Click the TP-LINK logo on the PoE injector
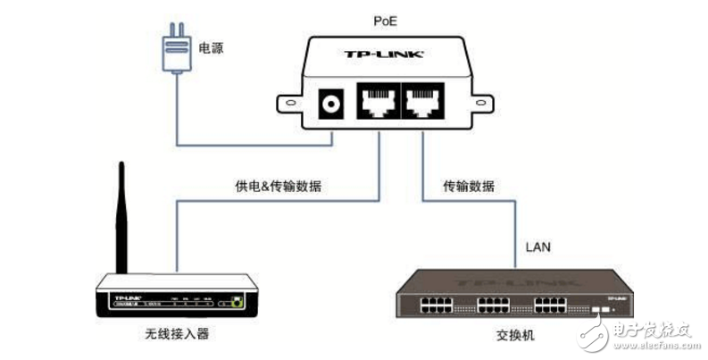[x=383, y=54]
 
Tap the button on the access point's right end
[x=236, y=303]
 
